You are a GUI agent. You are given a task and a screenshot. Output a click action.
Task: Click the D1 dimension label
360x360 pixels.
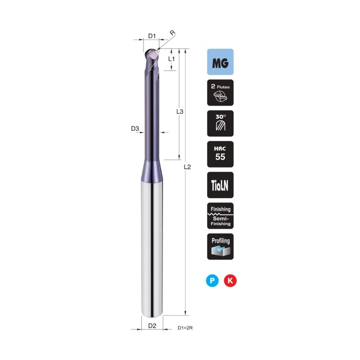click(x=152, y=36)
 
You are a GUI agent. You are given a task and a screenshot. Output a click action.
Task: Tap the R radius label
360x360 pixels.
click(x=172, y=33)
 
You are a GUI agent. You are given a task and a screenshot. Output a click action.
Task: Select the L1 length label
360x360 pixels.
click(x=171, y=59)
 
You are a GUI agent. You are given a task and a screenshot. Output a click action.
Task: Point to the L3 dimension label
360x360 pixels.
click(x=180, y=112)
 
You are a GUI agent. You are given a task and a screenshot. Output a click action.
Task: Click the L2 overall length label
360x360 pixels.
click(x=187, y=167)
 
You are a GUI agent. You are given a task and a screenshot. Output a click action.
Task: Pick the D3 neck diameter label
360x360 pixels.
click(x=135, y=129)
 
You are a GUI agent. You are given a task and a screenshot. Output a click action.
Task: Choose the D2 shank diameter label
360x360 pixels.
click(x=152, y=325)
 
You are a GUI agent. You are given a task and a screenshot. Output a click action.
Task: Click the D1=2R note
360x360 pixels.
click(x=185, y=328)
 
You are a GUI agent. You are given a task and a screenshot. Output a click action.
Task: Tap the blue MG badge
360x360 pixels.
click(x=220, y=62)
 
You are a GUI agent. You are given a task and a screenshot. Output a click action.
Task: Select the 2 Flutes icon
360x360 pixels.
click(x=220, y=93)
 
